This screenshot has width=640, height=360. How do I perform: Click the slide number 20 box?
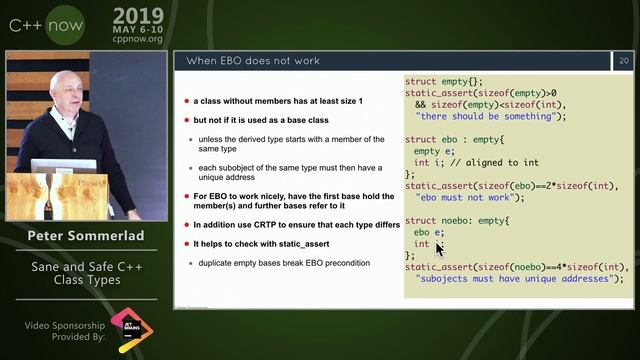point(624,61)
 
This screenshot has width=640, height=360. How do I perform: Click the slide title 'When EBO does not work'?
point(254,61)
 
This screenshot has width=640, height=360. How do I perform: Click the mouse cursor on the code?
point(438,248)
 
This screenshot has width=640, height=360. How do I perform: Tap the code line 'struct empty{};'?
point(444,81)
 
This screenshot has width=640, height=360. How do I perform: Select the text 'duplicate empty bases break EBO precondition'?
point(285,262)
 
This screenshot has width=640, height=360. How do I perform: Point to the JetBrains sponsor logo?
point(128,327)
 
